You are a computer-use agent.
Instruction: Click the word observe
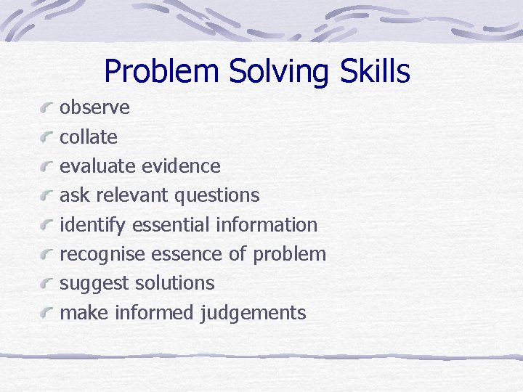pyautogui.click(x=94, y=107)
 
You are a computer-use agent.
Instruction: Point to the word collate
pyautogui.click(x=88, y=136)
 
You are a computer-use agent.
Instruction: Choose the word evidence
pyautogui.click(x=181, y=166)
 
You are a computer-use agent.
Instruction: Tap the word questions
pyautogui.click(x=216, y=195)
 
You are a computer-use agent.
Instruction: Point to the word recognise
pyautogui.click(x=102, y=254)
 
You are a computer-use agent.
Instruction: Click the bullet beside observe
pyautogui.click(x=48, y=109)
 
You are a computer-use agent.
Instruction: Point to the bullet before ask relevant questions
pyautogui.click(x=48, y=196)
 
